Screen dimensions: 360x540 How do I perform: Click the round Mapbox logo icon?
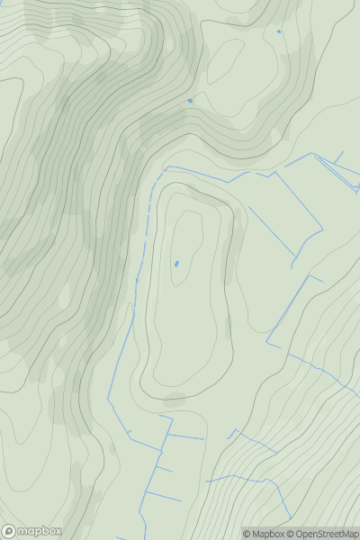point(9,531)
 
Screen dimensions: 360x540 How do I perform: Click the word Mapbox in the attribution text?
point(268,534)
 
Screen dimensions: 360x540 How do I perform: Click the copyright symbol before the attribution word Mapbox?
point(247,534)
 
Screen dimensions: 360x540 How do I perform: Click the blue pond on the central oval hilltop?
point(176,264)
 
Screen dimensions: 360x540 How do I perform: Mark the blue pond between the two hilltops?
point(190,100)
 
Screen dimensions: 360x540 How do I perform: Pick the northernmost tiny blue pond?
point(279,31)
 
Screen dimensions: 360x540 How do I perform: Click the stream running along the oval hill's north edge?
point(207,173)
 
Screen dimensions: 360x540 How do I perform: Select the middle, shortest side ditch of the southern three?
point(164,468)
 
